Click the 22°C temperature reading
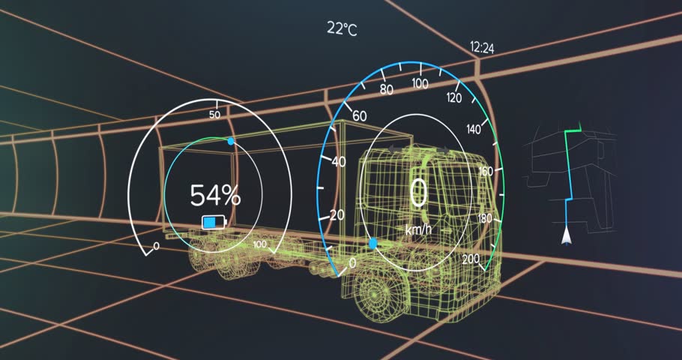(x=342, y=28)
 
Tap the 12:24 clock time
(x=482, y=47)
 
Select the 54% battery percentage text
(x=215, y=196)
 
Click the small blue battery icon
(x=213, y=222)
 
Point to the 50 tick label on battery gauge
(x=215, y=115)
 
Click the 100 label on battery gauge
(x=260, y=245)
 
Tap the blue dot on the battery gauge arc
(x=231, y=140)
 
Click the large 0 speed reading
(x=418, y=193)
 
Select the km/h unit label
(x=417, y=229)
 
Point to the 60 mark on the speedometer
(x=359, y=116)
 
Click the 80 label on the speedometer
(x=387, y=90)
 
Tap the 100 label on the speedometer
(x=420, y=82)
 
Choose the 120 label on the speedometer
(x=454, y=97)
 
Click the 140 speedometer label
(x=474, y=130)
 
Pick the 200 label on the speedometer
(x=471, y=259)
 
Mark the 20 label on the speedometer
(x=337, y=215)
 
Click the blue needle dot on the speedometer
(x=373, y=244)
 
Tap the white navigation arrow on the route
(x=567, y=238)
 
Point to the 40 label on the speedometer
(x=339, y=161)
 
